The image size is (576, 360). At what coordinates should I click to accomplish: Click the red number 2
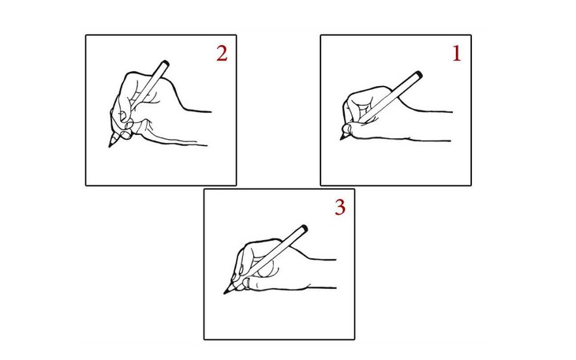point(222,54)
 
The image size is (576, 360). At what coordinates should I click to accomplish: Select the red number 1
point(455,54)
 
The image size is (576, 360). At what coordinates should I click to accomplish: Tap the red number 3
point(339,208)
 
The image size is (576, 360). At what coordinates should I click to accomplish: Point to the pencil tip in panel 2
point(109,144)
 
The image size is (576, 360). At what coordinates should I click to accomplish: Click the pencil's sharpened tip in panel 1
point(342,139)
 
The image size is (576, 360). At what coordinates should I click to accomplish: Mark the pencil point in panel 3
point(226,294)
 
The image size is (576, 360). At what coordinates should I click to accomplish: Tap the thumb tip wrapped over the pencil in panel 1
point(347,126)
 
